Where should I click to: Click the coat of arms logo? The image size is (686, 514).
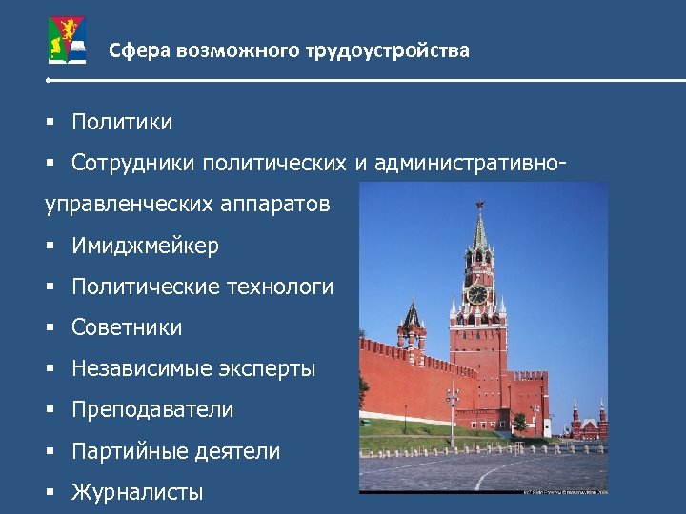coord(67,43)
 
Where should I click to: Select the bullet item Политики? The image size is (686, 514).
coord(122,122)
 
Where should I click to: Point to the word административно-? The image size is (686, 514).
coord(471,163)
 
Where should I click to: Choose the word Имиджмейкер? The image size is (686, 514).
coord(145,246)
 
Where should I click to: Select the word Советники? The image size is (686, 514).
coord(127,327)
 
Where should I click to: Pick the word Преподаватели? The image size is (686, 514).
coord(152,409)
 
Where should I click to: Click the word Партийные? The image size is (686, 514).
coord(120,451)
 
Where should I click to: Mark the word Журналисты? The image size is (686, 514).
coord(137,492)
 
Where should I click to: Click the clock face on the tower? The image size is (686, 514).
coord(477,293)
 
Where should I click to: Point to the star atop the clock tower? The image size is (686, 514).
coord(479,205)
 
